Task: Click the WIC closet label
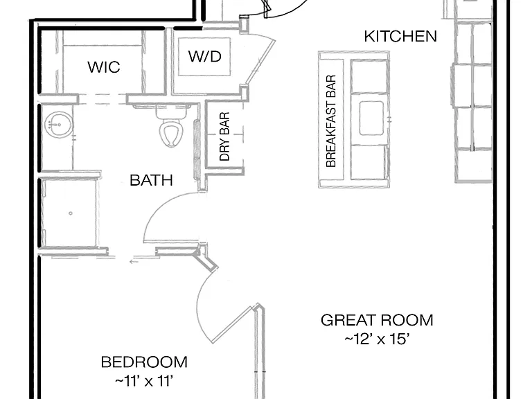pyautogui.click(x=104, y=67)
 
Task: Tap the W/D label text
pyautogui.click(x=205, y=56)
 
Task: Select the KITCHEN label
pyautogui.click(x=400, y=36)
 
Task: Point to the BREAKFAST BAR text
pyautogui.click(x=331, y=121)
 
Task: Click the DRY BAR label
pyautogui.click(x=224, y=136)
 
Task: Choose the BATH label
pyautogui.click(x=151, y=180)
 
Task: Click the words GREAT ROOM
pyautogui.click(x=377, y=320)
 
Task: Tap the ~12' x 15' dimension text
pyautogui.click(x=377, y=339)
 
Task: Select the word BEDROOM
pyautogui.click(x=144, y=362)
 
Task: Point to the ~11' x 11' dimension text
pyautogui.click(x=144, y=382)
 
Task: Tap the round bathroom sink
pyautogui.click(x=58, y=125)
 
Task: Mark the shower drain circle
pyautogui.click(x=71, y=213)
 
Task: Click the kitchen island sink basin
pyautogui.click(x=371, y=118)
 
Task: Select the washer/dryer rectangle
pyautogui.click(x=204, y=57)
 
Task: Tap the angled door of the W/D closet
pyautogui.click(x=260, y=62)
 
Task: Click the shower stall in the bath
pyautogui.click(x=69, y=213)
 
